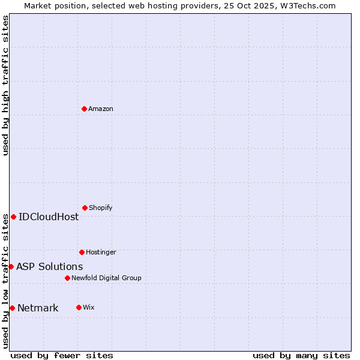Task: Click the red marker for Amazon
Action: pos(85,109)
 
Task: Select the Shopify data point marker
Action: pos(85,208)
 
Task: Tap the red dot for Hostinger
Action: pos(82,252)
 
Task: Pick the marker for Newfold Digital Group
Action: pos(67,278)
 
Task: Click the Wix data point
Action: pos(79,307)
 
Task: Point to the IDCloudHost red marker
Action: pos(13,217)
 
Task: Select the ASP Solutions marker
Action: pos(11,266)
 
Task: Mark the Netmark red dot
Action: pos(12,308)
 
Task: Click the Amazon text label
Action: pos(101,109)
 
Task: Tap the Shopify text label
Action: pos(100,208)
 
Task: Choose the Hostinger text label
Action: pos(101,252)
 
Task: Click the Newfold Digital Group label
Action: pos(106,278)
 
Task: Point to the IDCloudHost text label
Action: pos(49,217)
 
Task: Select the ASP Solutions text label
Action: pos(50,266)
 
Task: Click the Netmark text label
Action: pos(38,308)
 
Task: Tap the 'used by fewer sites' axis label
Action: pos(62,355)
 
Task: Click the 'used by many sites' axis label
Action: pos(301,355)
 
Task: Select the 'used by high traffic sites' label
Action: pos(5,85)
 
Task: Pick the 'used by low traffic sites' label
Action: pos(5,281)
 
